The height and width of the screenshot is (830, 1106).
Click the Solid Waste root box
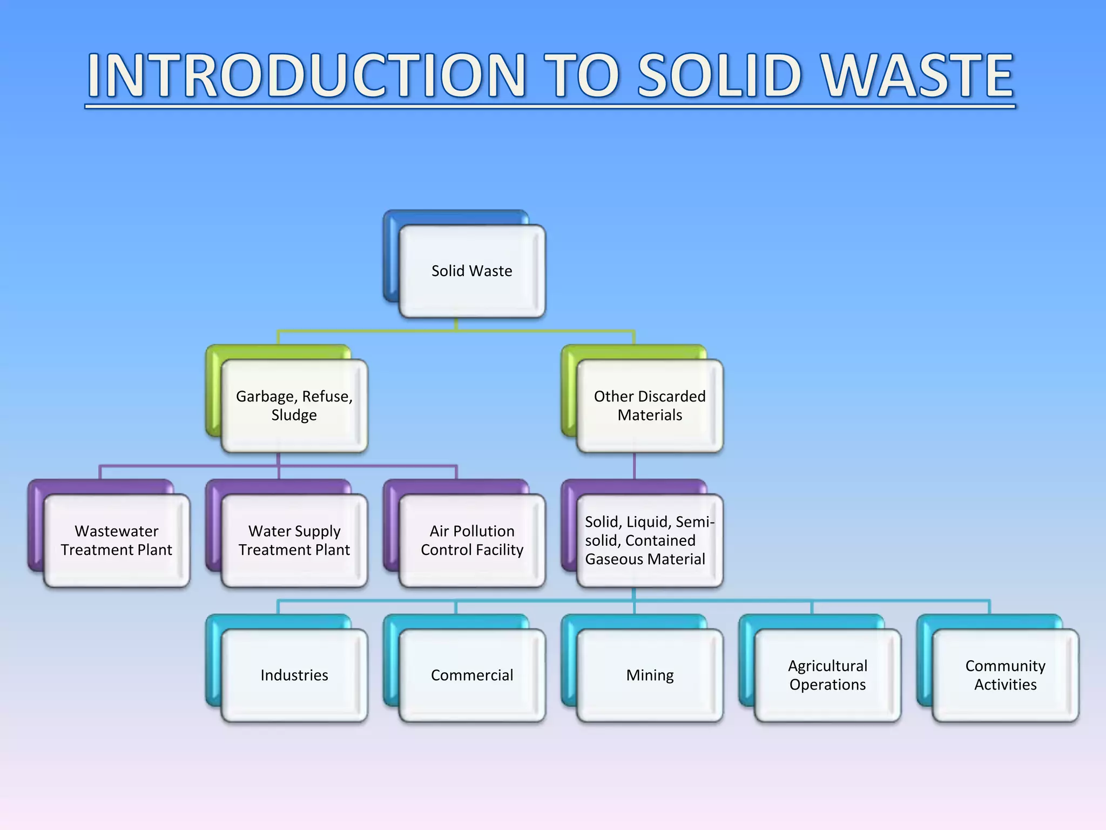471,271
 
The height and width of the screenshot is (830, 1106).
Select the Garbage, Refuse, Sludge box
294,405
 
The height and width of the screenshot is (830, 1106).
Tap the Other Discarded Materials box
650,405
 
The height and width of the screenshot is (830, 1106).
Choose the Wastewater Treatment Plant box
117,540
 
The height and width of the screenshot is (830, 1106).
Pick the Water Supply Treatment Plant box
294,540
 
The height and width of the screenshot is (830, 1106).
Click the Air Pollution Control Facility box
472,540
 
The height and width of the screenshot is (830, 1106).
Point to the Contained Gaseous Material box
650,540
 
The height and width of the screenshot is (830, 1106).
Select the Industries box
294,675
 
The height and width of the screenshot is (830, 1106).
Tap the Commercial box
472,675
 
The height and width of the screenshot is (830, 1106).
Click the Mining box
650,675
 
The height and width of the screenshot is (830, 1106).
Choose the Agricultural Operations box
827,675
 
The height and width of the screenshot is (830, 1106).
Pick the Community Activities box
1005,675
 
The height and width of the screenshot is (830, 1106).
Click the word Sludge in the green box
294,415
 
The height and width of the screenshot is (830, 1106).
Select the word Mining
650,675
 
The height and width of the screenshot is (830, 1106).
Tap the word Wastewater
117,531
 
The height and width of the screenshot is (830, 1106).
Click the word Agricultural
827,666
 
